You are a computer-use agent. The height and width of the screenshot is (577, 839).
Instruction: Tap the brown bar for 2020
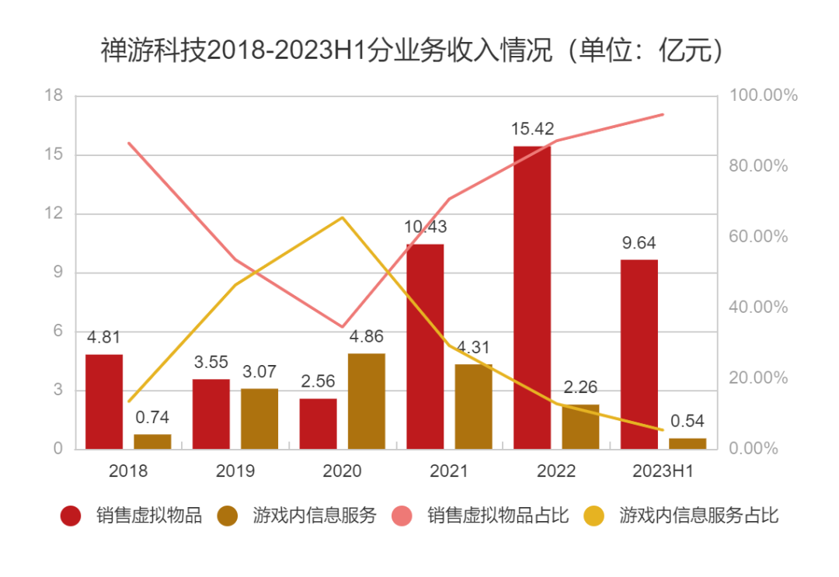pyautogui.click(x=366, y=401)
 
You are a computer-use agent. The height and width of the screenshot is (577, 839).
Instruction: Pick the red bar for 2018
pyautogui.click(x=104, y=401)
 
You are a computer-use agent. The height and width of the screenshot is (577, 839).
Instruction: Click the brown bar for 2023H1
pyautogui.click(x=688, y=443)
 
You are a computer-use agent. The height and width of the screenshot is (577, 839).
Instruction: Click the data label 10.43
pyautogui.click(x=425, y=228)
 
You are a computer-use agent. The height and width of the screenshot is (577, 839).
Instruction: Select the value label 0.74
pyautogui.click(x=152, y=418)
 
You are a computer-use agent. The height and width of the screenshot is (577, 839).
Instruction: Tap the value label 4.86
pyautogui.click(x=366, y=337)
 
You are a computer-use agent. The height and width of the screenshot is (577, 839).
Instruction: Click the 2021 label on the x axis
pyautogui.click(x=449, y=471)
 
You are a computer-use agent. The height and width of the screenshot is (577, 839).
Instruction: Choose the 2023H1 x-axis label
pyautogui.click(x=663, y=471)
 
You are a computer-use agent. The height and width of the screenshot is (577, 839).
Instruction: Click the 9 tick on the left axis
pyautogui.click(x=57, y=273)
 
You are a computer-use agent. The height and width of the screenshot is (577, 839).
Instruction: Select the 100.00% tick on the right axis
pyautogui.click(x=764, y=96)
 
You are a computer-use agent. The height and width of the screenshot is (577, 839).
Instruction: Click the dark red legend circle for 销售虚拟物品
pyautogui.click(x=71, y=516)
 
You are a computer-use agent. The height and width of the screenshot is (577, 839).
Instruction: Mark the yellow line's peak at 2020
pyautogui.click(x=343, y=217)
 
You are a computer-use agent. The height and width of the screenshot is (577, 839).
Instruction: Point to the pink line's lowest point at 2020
pyautogui.click(x=343, y=327)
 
